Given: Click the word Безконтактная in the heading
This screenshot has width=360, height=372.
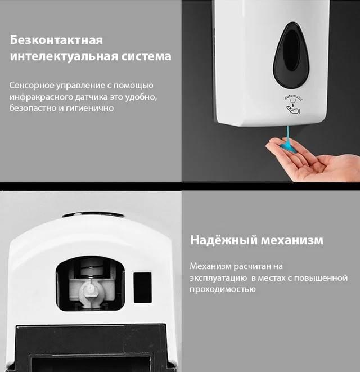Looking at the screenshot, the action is [56, 40].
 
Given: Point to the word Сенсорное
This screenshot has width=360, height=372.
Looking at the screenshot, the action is [31, 86].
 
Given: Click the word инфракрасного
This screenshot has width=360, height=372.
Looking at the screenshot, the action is [41, 97].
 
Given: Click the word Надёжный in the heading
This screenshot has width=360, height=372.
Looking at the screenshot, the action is [224, 240].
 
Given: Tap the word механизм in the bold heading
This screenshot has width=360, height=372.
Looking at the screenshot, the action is [292, 240].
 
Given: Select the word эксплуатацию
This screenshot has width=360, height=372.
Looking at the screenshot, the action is [218, 278].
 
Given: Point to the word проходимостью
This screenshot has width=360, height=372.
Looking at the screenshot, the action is [222, 289].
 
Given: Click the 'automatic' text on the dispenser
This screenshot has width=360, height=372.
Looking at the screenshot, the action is [294, 97].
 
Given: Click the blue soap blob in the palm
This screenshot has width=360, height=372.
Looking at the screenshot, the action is [289, 145].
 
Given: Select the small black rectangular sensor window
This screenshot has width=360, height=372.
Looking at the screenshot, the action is [142, 288].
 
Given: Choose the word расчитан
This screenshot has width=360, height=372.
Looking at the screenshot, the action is [251, 266].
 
